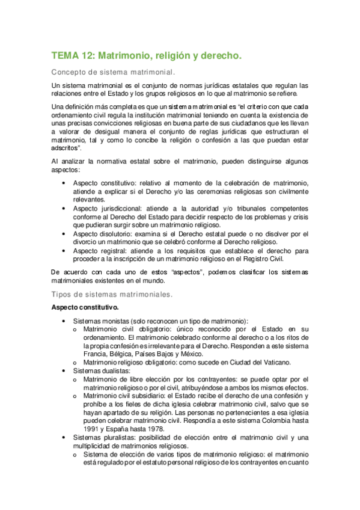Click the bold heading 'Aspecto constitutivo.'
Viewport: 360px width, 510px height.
pos(86,307)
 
